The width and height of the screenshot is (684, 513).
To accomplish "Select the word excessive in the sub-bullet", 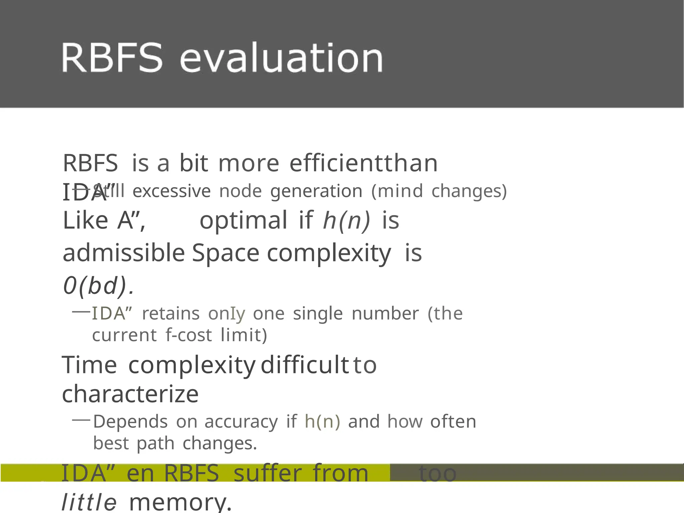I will click(172, 191).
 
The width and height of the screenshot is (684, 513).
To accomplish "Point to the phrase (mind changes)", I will click(439, 191).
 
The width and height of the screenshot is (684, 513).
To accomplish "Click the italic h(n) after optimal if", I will click(346, 220).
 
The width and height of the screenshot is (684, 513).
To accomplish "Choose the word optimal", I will click(243, 220).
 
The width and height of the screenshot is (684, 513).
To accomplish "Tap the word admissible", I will click(124, 252).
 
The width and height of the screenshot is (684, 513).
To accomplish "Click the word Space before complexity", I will click(225, 252).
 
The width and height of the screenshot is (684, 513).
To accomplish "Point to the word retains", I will click(171, 314).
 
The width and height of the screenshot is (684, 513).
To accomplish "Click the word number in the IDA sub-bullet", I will click(385, 314).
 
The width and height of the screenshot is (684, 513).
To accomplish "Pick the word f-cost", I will click(189, 335).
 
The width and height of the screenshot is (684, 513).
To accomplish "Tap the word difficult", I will click(305, 365).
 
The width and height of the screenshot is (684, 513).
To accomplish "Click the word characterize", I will click(130, 394).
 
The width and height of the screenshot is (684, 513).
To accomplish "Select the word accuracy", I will click(241, 421).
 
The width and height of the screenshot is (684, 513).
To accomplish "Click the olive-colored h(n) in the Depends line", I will click(322, 421).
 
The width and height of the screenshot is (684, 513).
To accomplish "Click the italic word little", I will click(89, 502).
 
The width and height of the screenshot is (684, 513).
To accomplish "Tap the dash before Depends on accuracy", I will click(81, 419).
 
